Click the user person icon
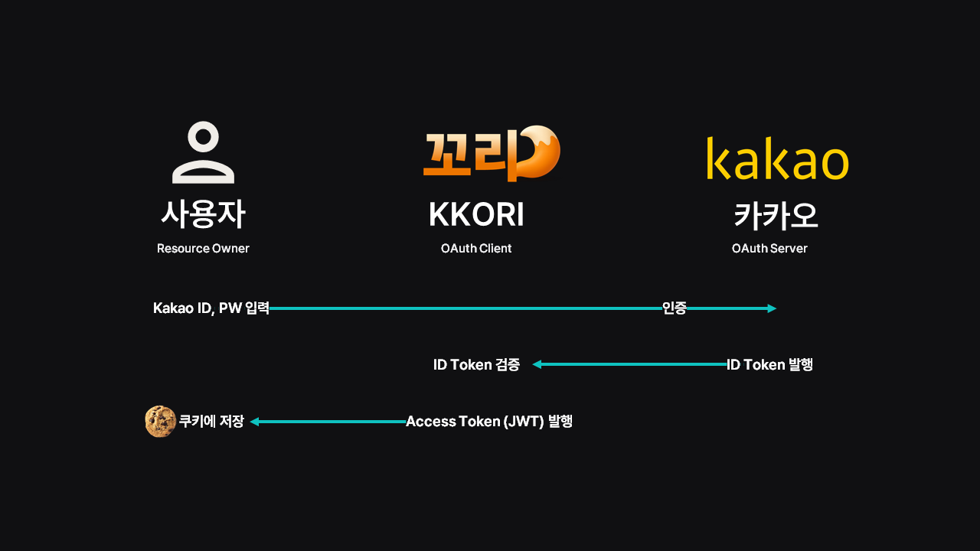203,153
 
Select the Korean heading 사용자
203,215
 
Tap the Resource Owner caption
203,248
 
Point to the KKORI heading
476,216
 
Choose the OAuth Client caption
476,248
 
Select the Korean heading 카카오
776,216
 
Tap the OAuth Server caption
769,248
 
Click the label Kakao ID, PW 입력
211,308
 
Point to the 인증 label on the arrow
675,308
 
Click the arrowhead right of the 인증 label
772,308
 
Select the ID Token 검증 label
476,365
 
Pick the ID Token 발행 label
769,365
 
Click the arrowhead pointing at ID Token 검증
537,364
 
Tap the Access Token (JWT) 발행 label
489,422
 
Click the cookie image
160,422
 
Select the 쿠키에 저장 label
211,422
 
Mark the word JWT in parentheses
524,422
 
